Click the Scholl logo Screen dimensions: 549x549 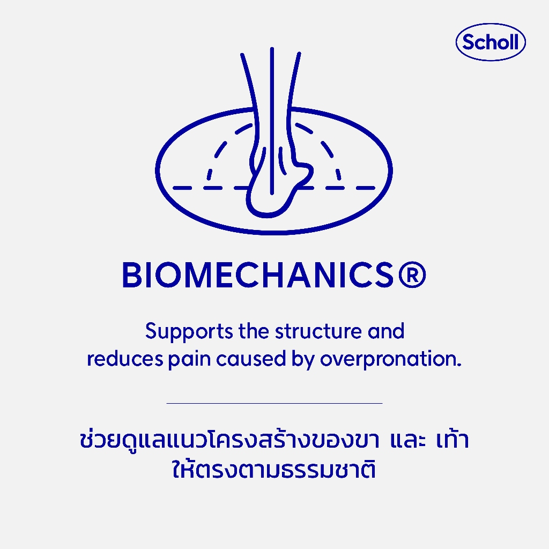pos(491,42)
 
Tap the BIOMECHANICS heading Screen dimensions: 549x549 pos(274,275)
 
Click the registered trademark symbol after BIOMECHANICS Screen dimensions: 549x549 pos(412,275)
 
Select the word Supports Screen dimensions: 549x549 pos(189,332)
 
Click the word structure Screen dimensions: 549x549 pos(318,331)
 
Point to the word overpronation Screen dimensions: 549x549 pos(391,360)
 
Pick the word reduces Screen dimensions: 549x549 pos(125,359)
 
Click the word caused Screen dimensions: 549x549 pos(251,359)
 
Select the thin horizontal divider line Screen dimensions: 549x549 pos(274,403)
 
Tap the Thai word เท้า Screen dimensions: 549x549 pos(452,440)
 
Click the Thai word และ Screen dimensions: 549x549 pos(408,441)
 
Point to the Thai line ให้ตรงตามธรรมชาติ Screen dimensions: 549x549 pos(274,469)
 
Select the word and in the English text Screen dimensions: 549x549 pos(386,331)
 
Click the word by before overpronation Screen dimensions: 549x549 pos(303,360)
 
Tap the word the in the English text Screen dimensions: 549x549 pos(254,331)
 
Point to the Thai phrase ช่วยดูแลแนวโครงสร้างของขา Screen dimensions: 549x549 pos(229,440)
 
